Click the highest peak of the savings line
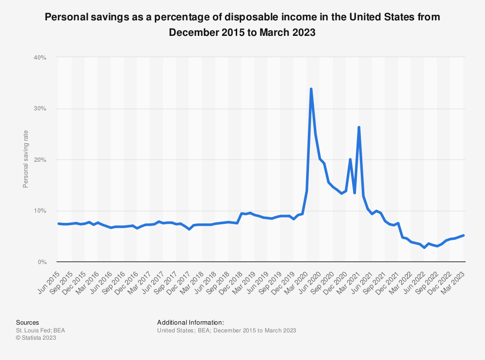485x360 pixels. [x=311, y=89]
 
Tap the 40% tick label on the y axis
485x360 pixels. [x=39, y=58]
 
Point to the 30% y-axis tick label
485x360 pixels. [x=39, y=109]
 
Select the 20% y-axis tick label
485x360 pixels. [x=39, y=160]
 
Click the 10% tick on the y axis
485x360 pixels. [x=39, y=211]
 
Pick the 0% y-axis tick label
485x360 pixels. [x=41, y=262]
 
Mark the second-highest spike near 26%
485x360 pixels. [x=358, y=127]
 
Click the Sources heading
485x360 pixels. [x=27, y=322]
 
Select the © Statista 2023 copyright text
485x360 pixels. [x=36, y=338]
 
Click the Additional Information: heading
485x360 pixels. [x=191, y=322]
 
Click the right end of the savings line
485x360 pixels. [x=464, y=235]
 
